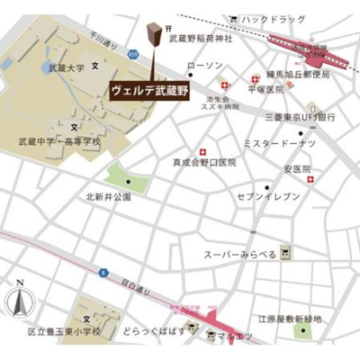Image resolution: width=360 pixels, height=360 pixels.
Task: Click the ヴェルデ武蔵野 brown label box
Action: pyautogui.click(x=149, y=91)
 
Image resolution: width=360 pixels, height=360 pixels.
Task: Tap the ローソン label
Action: pyautogui.click(x=203, y=66)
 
